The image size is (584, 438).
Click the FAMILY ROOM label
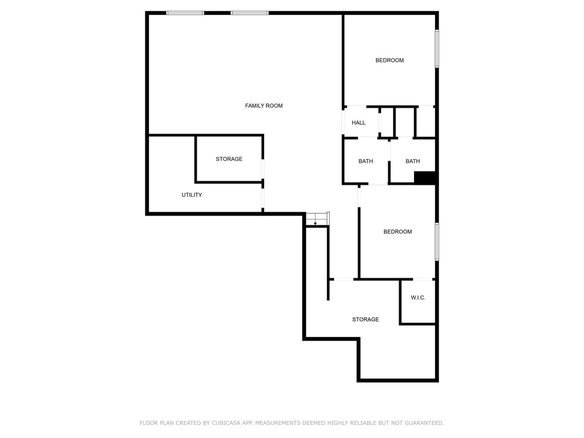263,106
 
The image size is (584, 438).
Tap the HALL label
359,123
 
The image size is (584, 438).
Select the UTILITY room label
192,195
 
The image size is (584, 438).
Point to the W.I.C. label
418,298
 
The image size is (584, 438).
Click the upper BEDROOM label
390,60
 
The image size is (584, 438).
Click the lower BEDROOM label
398,232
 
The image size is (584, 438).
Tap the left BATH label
366,161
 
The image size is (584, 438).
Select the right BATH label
413,161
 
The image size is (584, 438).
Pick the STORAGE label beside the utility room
229,159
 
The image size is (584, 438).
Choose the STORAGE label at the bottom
365,319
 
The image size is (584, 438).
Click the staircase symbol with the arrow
317,219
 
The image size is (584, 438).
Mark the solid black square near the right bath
425,178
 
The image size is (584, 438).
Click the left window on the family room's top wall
185,13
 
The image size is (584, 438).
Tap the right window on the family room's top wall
249,13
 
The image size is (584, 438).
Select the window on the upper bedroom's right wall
437,48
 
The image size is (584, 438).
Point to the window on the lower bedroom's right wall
437,242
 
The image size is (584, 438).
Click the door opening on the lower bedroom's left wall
359,196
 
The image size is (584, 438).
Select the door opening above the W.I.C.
423,279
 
